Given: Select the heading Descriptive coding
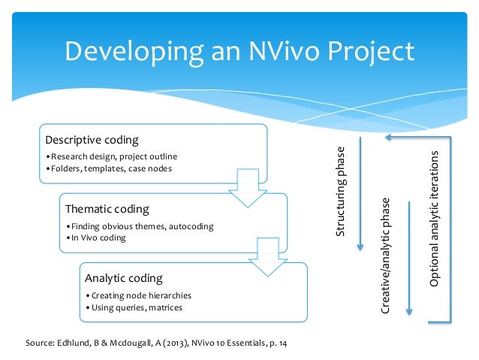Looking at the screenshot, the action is tap(92, 141).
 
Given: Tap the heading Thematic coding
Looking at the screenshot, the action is tap(107, 209).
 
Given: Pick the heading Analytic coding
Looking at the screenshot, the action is tap(125, 278).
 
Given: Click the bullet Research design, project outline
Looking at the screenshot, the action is tap(111, 156).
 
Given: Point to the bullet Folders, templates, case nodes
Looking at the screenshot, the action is tap(109, 168).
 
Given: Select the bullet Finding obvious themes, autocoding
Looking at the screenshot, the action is tap(140, 225).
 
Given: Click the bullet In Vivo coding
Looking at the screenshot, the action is tap(96, 237).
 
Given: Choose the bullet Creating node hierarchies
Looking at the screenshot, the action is tap(139, 295).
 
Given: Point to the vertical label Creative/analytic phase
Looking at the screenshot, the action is tap(386, 256).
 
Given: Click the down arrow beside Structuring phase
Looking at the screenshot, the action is tap(360, 195).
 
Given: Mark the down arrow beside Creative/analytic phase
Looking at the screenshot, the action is tap(408, 256).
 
